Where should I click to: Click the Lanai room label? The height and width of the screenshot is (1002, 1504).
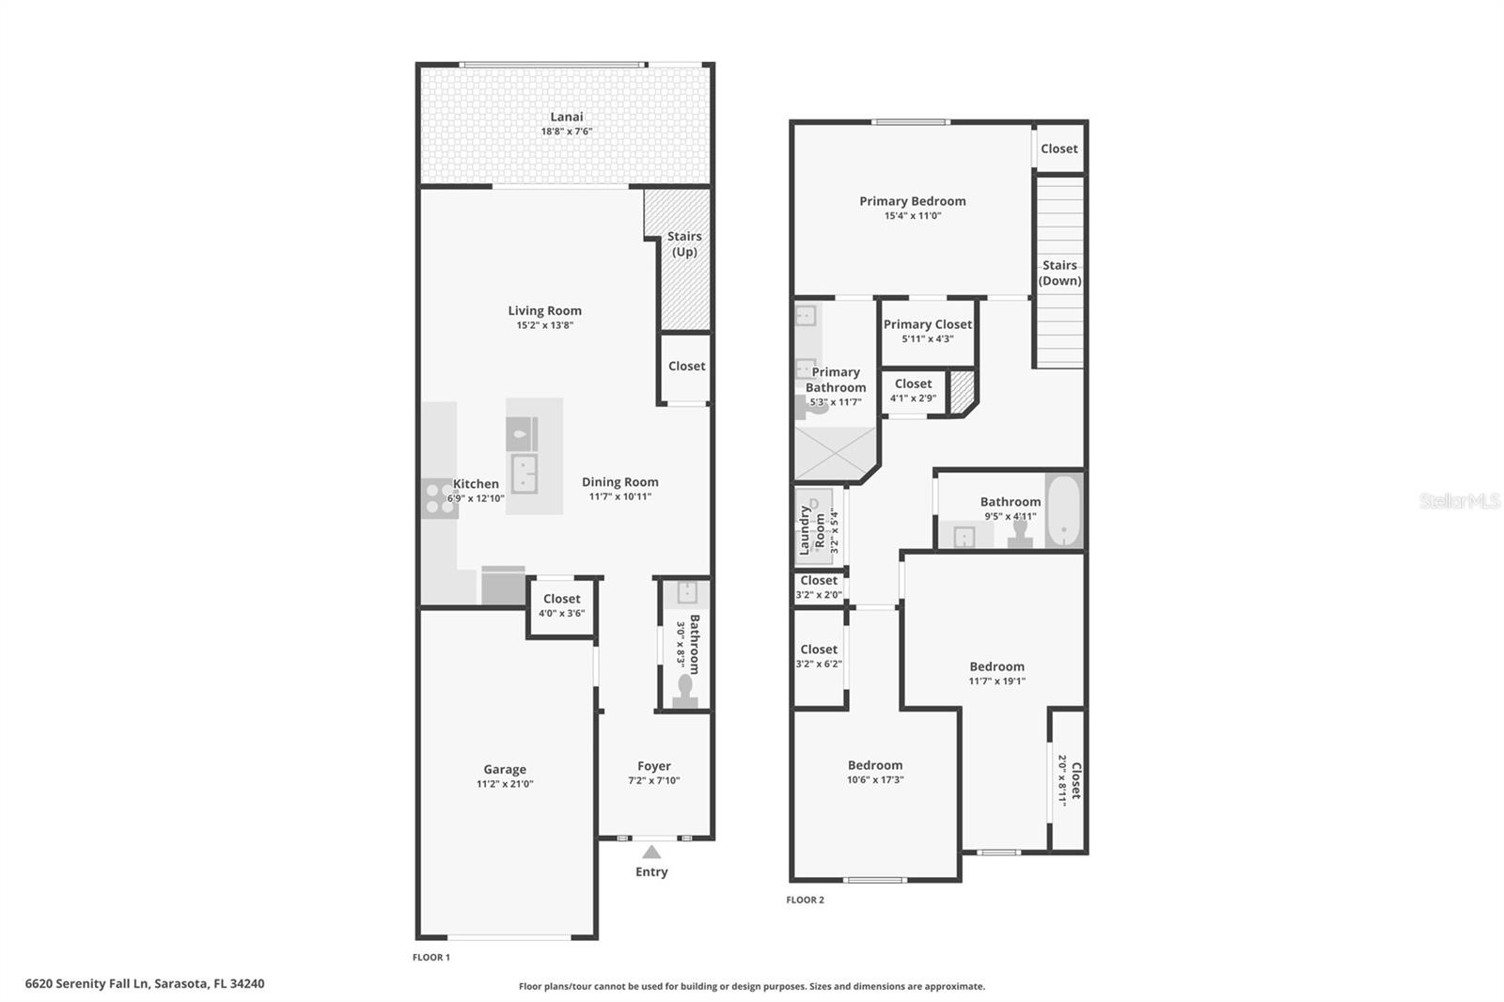pyautogui.click(x=566, y=117)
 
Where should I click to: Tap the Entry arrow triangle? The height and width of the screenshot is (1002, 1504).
pyautogui.click(x=651, y=853)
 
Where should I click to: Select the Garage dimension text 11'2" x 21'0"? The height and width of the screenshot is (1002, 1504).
pyautogui.click(x=505, y=784)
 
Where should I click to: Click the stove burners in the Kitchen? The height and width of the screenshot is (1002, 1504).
pyautogui.click(x=438, y=498)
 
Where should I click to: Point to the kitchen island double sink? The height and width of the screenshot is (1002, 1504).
pyautogui.click(x=525, y=473)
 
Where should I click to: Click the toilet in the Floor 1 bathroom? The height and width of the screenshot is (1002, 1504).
pyautogui.click(x=684, y=692)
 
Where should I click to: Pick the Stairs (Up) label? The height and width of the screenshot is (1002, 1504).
pyautogui.click(x=684, y=243)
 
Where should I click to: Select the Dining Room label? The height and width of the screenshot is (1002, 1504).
pyautogui.click(x=619, y=482)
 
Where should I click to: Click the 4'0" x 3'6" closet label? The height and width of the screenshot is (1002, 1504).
pyautogui.click(x=561, y=599)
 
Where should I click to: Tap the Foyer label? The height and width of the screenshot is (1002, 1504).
pyautogui.click(x=654, y=766)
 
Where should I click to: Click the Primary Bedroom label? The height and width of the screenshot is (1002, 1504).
pyautogui.click(x=912, y=201)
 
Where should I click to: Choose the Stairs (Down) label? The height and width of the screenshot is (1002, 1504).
pyautogui.click(x=1059, y=273)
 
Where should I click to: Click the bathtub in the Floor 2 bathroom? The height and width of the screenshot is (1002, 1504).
pyautogui.click(x=1063, y=510)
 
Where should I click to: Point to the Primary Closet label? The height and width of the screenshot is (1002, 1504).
pyautogui.click(x=927, y=324)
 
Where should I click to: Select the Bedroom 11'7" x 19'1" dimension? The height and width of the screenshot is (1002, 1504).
pyautogui.click(x=996, y=681)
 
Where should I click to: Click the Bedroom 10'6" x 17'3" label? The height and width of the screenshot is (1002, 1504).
pyautogui.click(x=874, y=765)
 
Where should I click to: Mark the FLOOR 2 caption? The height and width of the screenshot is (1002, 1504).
pyautogui.click(x=805, y=900)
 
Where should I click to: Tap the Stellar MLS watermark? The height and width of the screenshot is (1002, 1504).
pyautogui.click(x=1459, y=501)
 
